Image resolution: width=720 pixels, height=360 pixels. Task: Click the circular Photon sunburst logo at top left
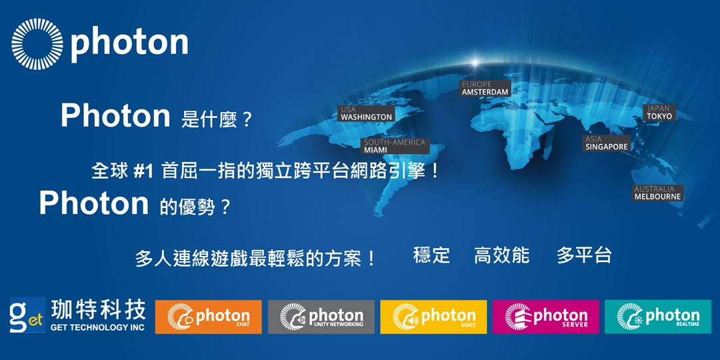[x=37, y=44]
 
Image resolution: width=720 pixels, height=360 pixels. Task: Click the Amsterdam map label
[x=485, y=89]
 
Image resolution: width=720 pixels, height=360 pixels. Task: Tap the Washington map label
[x=367, y=113]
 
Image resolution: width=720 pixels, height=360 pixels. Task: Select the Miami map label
[x=394, y=146]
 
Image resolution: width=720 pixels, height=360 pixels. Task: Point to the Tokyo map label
[x=659, y=112]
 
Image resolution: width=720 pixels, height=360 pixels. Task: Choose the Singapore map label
[x=607, y=143]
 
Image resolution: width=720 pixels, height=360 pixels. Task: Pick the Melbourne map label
[x=657, y=193]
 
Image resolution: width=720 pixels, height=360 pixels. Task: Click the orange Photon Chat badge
[x=208, y=317]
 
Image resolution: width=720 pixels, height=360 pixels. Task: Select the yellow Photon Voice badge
[x=433, y=317]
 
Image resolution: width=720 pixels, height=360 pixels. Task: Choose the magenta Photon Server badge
[x=546, y=317]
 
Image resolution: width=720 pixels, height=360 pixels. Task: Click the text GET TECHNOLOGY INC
[x=97, y=327]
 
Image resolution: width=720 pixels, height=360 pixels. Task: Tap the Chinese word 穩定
[x=431, y=255]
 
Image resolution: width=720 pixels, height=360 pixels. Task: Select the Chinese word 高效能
[x=501, y=255]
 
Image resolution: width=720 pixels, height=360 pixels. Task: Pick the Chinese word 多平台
[x=583, y=255]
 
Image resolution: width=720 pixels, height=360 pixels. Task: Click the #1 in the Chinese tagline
[x=144, y=171]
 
